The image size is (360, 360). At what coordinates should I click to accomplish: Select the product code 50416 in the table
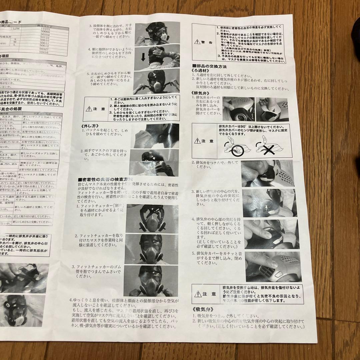click(45, 52)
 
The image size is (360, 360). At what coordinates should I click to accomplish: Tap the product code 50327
click(45, 49)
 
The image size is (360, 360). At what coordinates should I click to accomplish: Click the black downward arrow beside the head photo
click(143, 57)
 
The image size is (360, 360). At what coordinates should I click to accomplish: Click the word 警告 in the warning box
click(208, 43)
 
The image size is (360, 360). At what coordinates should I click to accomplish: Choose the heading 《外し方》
click(90, 126)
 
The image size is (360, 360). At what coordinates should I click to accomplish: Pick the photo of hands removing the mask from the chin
click(154, 163)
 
